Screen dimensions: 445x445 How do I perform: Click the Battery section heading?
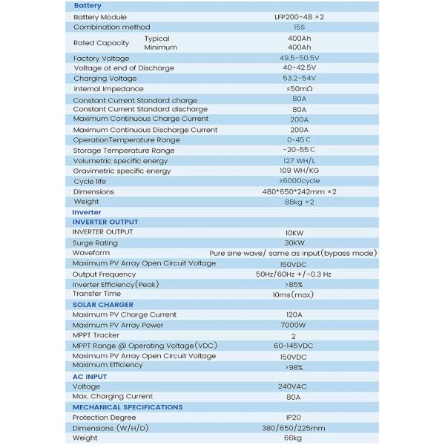(x=88, y=6)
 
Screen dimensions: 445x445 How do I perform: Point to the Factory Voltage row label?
(x=101, y=58)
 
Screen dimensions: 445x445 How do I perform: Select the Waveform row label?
(x=90, y=253)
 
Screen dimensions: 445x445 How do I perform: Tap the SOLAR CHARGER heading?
(x=103, y=305)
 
